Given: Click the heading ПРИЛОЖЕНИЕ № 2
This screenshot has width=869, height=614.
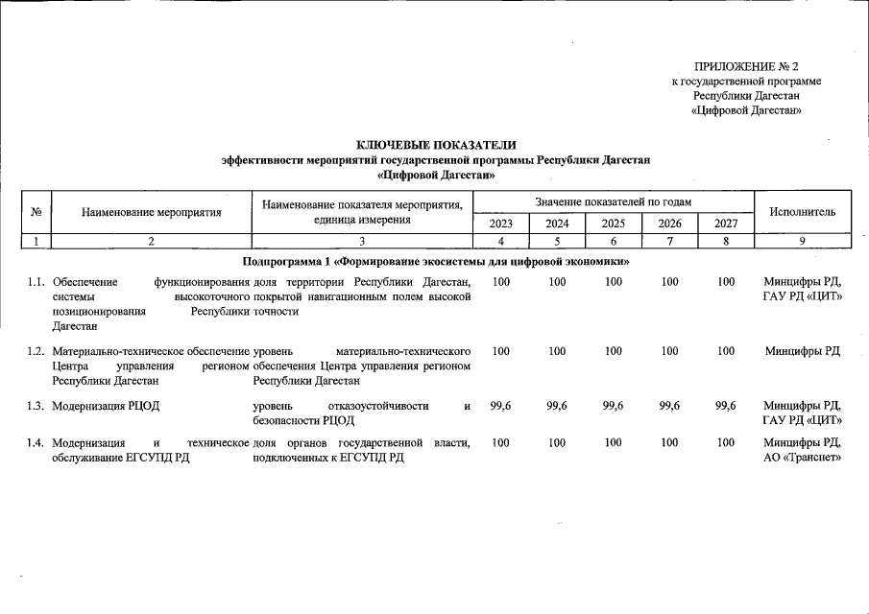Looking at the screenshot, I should tap(746, 66).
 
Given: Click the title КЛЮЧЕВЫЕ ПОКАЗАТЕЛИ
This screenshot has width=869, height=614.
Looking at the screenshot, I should tap(436, 145).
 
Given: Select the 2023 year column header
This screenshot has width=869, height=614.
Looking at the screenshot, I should tap(501, 224).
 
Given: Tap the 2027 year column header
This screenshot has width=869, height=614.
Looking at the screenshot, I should tap(727, 224).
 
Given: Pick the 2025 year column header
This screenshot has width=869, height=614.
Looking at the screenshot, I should tap(614, 224).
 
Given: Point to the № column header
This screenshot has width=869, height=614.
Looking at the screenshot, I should tap(36, 211).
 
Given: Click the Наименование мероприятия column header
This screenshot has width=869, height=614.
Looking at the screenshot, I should tap(151, 211).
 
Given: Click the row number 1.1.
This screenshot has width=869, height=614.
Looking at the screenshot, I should tap(36, 282).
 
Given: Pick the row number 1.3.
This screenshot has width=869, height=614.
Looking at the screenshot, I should tap(36, 406).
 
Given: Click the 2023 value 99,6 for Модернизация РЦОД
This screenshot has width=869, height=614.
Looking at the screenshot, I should tap(500, 406).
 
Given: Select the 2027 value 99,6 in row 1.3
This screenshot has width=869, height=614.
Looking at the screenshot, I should tap(726, 406).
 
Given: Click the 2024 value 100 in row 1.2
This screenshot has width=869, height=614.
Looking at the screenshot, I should tap(557, 351).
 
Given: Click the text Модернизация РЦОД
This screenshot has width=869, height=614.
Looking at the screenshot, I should tap(106, 406).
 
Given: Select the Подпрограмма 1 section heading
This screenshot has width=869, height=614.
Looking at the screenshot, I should tap(436, 261).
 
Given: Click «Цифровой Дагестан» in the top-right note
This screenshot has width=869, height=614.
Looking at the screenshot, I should tap(746, 110).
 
